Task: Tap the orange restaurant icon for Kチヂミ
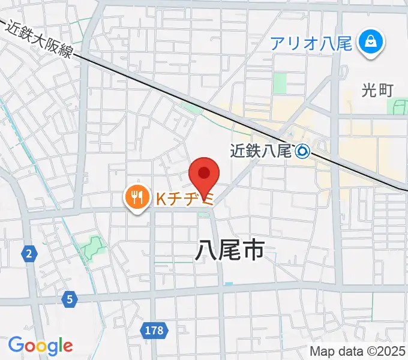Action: click(x=137, y=197)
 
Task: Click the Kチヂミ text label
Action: click(x=185, y=199)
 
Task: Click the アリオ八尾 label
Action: click(x=310, y=43)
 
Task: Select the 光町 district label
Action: click(x=377, y=90)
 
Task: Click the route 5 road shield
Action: click(x=70, y=298)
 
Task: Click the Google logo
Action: click(x=40, y=345)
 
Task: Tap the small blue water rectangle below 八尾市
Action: click(x=228, y=283)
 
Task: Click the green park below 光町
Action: click(x=398, y=107)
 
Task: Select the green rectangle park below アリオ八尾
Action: click(x=280, y=83)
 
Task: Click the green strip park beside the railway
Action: click(x=191, y=109)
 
